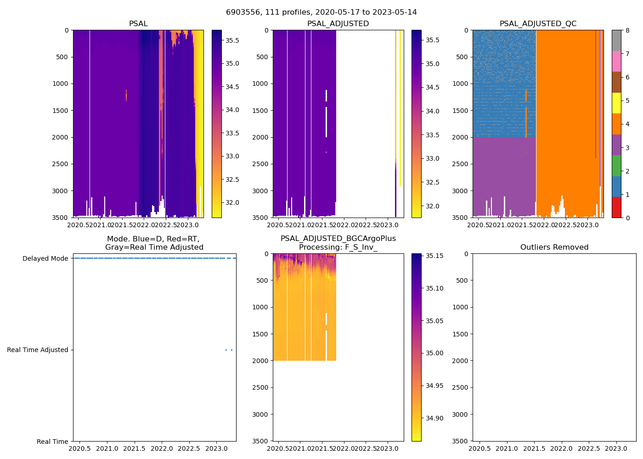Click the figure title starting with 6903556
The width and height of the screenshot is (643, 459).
click(x=321, y=12)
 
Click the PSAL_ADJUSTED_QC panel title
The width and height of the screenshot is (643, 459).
click(x=538, y=24)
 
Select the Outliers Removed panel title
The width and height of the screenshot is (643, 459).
click(x=554, y=247)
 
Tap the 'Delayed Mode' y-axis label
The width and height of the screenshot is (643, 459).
click(x=45, y=258)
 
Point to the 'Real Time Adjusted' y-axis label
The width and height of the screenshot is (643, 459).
click(x=38, y=350)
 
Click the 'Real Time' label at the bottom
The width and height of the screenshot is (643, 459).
click(x=52, y=442)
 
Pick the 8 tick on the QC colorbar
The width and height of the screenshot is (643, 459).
click(x=627, y=30)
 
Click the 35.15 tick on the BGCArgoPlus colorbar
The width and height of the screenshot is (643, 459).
click(x=434, y=256)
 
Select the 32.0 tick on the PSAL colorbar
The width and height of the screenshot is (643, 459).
click(x=232, y=202)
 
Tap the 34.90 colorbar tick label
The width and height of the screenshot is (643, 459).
click(x=434, y=418)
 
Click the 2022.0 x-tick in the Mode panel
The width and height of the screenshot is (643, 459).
click(x=162, y=448)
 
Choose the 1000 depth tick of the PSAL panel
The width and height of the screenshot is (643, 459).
click(x=60, y=84)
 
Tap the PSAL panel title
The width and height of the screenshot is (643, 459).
click(x=138, y=24)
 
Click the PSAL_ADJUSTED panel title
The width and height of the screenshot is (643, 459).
click(x=338, y=24)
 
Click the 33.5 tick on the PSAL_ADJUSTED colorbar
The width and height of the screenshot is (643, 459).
click(x=432, y=135)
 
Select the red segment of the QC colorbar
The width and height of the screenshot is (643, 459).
click(x=617, y=207)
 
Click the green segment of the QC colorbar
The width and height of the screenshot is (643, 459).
click(x=617, y=165)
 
